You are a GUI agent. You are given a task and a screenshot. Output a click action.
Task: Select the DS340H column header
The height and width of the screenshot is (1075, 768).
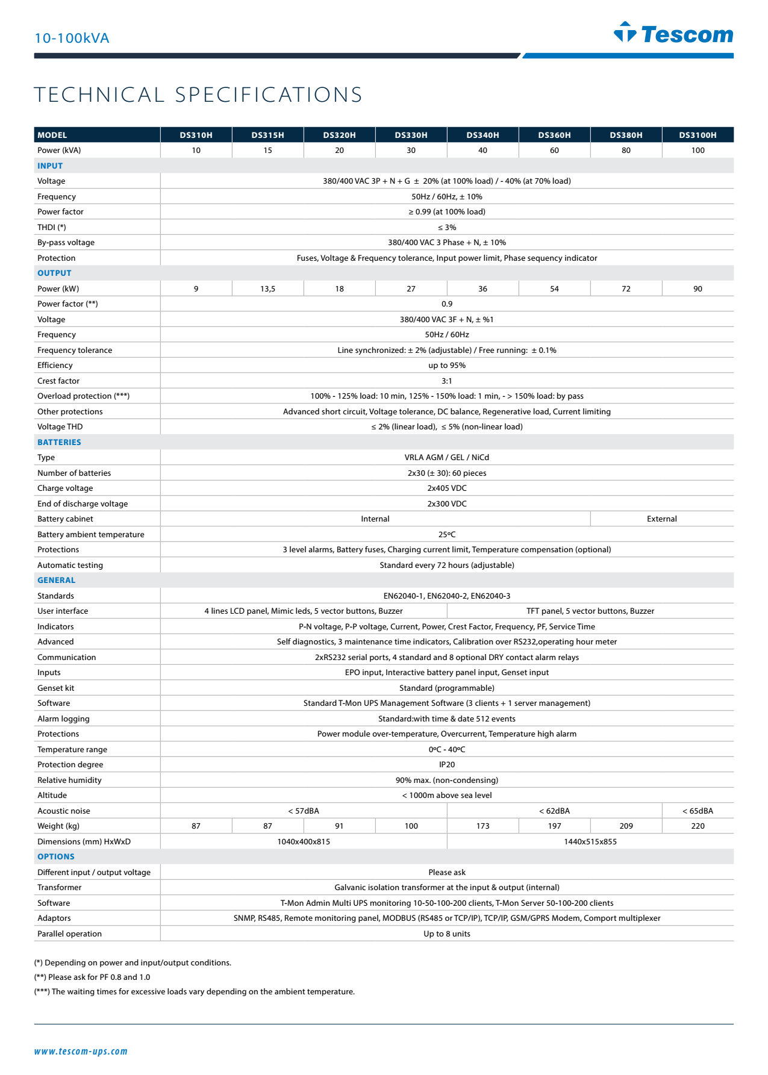click(x=482, y=135)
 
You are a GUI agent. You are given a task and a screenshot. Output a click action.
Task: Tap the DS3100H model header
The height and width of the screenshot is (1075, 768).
click(x=698, y=135)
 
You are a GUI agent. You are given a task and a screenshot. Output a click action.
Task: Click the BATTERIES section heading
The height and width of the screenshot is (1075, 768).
click(x=59, y=442)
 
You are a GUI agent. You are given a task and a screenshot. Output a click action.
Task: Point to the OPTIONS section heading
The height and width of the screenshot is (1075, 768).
click(x=56, y=856)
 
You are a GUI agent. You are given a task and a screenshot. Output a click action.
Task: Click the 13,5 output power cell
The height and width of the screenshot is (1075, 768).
click(x=267, y=289)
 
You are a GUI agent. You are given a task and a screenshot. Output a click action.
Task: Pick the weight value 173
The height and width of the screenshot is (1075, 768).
click(x=482, y=826)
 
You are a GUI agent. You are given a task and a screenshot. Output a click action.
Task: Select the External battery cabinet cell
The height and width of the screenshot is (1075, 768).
click(x=661, y=519)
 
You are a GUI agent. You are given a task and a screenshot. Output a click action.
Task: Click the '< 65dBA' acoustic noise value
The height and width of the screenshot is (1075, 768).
click(x=698, y=811)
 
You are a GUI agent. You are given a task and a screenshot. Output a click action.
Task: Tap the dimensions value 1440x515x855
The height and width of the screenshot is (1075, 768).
click(x=590, y=842)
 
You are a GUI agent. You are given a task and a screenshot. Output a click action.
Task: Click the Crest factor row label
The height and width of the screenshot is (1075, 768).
click(x=58, y=381)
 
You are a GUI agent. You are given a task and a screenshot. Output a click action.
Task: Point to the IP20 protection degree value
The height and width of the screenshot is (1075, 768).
click(x=447, y=765)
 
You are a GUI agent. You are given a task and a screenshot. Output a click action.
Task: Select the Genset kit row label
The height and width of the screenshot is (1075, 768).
click(x=56, y=688)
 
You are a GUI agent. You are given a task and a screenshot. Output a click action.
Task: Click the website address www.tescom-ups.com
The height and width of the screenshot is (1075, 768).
click(x=81, y=1052)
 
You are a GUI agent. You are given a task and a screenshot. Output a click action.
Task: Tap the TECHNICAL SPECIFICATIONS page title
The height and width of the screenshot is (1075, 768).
click(x=198, y=95)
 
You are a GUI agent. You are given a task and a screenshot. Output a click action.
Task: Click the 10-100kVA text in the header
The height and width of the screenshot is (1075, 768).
click(x=72, y=39)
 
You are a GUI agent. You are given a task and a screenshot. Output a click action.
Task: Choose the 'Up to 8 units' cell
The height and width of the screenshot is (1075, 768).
click(x=447, y=934)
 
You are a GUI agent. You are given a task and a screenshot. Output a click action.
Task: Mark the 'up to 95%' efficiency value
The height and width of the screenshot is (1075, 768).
click(x=447, y=366)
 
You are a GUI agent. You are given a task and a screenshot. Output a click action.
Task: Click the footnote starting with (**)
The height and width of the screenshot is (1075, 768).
click(x=92, y=977)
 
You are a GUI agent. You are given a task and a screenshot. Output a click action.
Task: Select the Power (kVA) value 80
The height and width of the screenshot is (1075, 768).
click(x=626, y=151)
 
